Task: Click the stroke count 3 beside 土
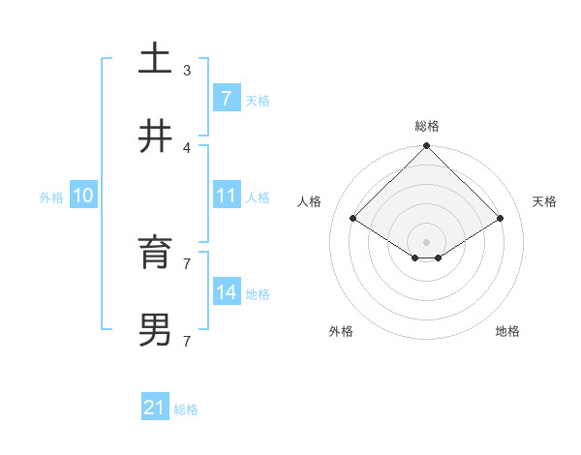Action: click(186, 70)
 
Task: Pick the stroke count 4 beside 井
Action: click(186, 147)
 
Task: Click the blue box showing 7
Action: click(226, 99)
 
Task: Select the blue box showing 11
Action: click(226, 196)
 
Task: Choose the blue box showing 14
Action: click(226, 292)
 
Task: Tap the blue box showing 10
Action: click(83, 196)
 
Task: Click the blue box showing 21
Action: click(154, 409)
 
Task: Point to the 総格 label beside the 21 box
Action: click(186, 409)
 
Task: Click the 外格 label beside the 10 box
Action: click(51, 197)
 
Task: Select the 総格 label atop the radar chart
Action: click(427, 126)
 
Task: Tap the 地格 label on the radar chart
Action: click(507, 331)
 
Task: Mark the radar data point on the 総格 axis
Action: click(427, 147)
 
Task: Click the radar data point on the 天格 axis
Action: click(501, 219)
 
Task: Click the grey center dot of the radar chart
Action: click(427, 241)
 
